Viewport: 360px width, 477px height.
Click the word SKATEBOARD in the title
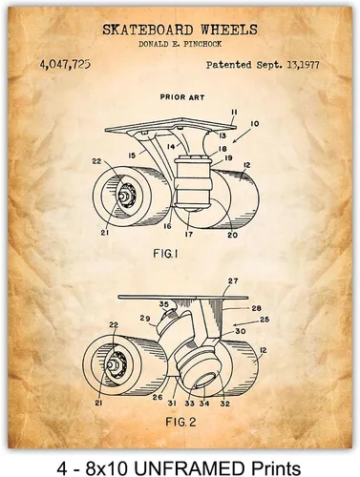click(148, 30)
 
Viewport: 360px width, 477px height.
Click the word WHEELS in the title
click(229, 30)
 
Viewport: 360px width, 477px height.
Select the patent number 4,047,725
click(65, 65)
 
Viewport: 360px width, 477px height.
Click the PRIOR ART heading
click(182, 97)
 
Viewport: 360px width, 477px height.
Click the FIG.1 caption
click(165, 254)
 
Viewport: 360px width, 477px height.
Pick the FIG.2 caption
click(180, 423)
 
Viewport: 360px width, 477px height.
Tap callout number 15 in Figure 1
click(132, 156)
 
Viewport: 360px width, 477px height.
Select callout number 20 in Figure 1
click(233, 235)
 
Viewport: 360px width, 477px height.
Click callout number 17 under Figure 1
click(189, 235)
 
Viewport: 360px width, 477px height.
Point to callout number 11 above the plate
click(234, 113)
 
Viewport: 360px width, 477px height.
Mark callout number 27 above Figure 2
click(233, 281)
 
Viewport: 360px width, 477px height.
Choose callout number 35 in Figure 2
click(164, 304)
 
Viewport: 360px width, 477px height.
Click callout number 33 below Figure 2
click(189, 404)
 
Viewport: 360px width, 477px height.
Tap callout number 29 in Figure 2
click(145, 318)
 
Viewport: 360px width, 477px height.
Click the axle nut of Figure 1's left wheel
click(122, 196)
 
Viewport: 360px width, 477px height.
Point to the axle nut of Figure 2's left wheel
click(113, 364)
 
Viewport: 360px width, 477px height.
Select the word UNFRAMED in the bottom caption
click(197, 468)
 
